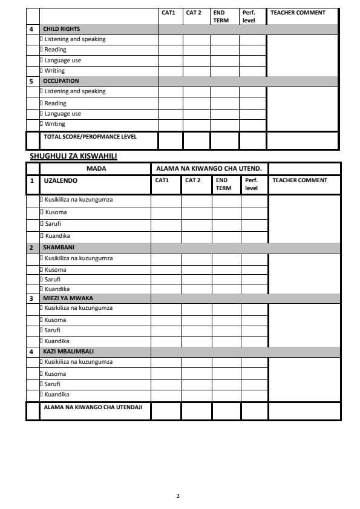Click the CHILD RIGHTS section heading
[x=61, y=29]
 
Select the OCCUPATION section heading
[x=61, y=80]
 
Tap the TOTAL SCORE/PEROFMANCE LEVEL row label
[x=90, y=137]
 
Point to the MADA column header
[x=96, y=168]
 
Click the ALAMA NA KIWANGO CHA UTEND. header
[x=209, y=168]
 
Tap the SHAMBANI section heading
[x=59, y=248]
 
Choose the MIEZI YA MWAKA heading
[x=68, y=298]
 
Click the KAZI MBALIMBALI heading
[x=68, y=351]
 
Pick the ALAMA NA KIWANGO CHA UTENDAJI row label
[x=93, y=407]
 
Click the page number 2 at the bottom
[x=178, y=496]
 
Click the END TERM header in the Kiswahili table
[x=223, y=184]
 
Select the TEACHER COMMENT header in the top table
[x=298, y=13]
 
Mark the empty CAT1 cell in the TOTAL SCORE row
[x=171, y=140]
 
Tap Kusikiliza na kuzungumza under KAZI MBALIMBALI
[x=79, y=362]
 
